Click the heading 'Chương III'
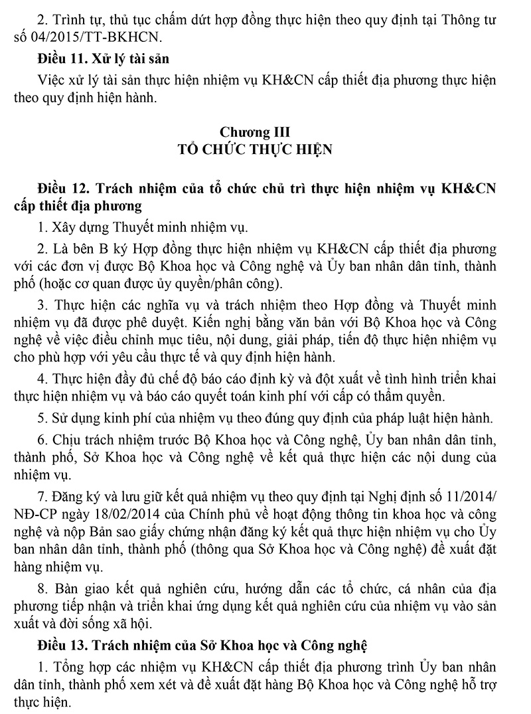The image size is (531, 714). pyautogui.click(x=265, y=132)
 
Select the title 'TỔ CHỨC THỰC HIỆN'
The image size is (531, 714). pyautogui.click(x=265, y=149)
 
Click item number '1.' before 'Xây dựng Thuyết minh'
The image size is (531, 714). pyautogui.click(x=43, y=228)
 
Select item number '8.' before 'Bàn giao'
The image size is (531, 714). pyautogui.click(x=43, y=589)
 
